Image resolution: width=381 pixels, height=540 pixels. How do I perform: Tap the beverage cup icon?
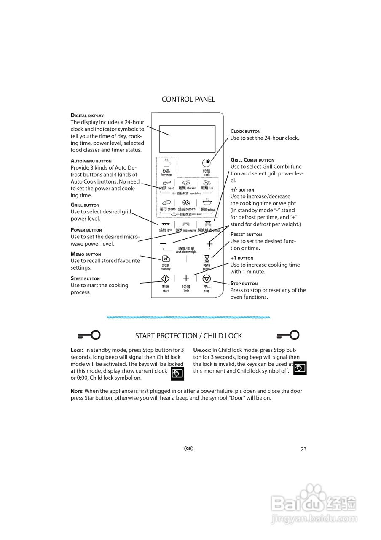tap(166, 163)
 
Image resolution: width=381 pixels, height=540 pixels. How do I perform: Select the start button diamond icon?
tap(166, 278)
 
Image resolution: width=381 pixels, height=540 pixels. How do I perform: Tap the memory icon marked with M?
tap(166, 259)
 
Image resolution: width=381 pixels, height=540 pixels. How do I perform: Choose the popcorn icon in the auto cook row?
tap(186, 202)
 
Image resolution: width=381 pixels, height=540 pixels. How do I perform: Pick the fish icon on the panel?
tap(207, 182)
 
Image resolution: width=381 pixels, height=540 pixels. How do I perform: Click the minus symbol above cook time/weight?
tap(164, 244)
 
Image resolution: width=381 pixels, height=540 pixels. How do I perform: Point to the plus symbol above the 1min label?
tap(186, 278)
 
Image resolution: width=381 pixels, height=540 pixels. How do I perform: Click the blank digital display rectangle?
tap(187, 139)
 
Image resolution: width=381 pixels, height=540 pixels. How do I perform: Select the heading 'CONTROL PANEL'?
tap(188, 100)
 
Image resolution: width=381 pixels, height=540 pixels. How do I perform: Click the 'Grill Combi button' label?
tap(252, 160)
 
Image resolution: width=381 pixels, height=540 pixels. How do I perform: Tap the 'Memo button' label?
tap(86, 254)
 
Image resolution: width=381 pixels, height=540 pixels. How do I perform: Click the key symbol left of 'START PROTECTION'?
tap(89, 335)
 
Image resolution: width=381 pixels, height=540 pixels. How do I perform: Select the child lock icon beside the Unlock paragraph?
tap(300, 368)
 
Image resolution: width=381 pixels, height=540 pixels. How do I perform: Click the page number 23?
tap(303, 449)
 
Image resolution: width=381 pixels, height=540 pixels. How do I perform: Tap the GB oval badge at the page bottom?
tap(188, 448)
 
